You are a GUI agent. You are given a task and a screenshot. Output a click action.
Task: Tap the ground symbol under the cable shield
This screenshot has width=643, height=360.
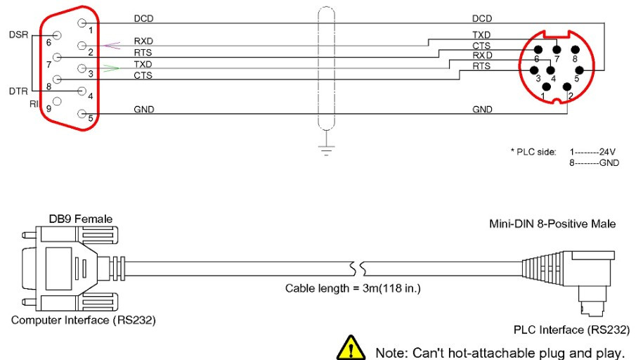click(x=325, y=150)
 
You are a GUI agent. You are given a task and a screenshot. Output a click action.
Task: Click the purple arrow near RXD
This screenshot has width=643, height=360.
click(x=111, y=46)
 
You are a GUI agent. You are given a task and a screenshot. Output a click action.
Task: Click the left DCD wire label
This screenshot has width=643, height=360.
click(x=143, y=17)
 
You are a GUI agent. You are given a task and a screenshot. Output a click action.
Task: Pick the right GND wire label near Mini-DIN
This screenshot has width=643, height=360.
click(x=482, y=109)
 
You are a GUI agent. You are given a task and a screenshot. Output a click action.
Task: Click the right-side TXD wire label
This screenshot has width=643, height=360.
click(x=482, y=34)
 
